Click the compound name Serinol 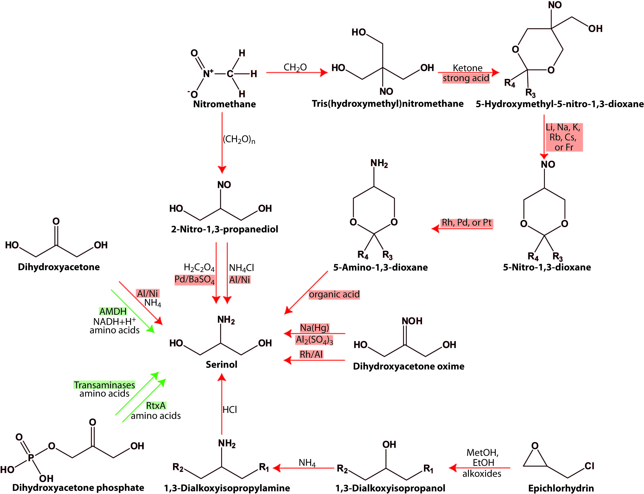[x=221, y=365]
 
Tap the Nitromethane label [x=224, y=104]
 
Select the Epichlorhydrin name [x=561, y=488]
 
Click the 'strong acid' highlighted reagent [x=466, y=78]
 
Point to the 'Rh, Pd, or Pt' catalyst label [x=467, y=223]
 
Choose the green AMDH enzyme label [x=113, y=311]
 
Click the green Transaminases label [x=104, y=385]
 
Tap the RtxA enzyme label [x=156, y=405]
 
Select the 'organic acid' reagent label [x=334, y=294]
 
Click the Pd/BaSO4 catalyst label [x=195, y=279]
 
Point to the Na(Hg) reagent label [x=314, y=328]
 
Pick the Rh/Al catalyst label [x=311, y=355]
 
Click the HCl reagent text [x=229, y=410]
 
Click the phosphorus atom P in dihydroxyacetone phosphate [x=31, y=458]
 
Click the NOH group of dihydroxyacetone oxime [x=412, y=321]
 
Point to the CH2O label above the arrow [x=295, y=68]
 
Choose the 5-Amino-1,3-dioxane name [x=380, y=267]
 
